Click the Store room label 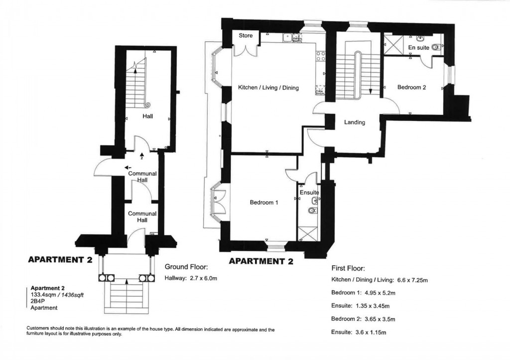click(246, 36)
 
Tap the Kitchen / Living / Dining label click(268, 88)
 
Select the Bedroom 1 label click(264, 203)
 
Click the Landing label click(354, 122)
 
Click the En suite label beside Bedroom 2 click(418, 48)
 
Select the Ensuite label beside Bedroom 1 click(309, 193)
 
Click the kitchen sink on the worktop click(287, 37)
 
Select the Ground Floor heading click(186, 267)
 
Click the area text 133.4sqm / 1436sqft click(57, 295)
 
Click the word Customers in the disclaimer click(38, 330)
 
